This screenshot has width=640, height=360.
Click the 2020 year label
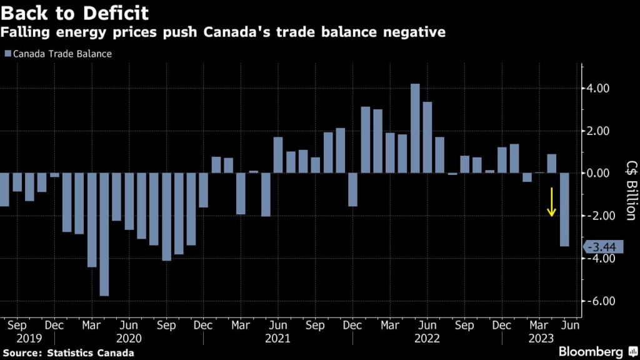pos(128,338)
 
